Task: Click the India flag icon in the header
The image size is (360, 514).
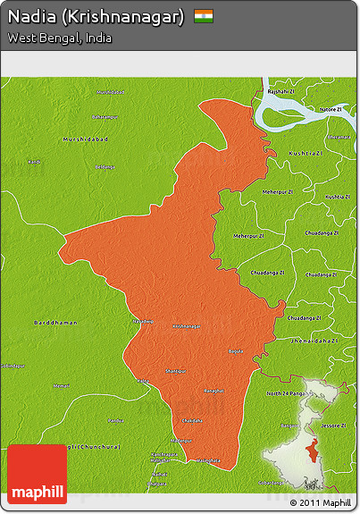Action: [x=204, y=16]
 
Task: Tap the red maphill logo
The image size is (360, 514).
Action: [x=37, y=474]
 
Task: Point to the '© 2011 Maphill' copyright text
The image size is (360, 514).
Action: [x=321, y=502]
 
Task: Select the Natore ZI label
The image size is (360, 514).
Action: [x=330, y=109]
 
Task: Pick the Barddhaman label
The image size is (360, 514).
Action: [x=55, y=322]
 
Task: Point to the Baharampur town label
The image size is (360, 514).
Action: [x=105, y=117]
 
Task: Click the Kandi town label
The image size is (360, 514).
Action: [x=34, y=162]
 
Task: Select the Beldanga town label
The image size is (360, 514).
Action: [x=105, y=167]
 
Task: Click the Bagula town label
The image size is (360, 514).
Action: [x=235, y=351]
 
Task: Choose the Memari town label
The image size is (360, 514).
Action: [x=61, y=385]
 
